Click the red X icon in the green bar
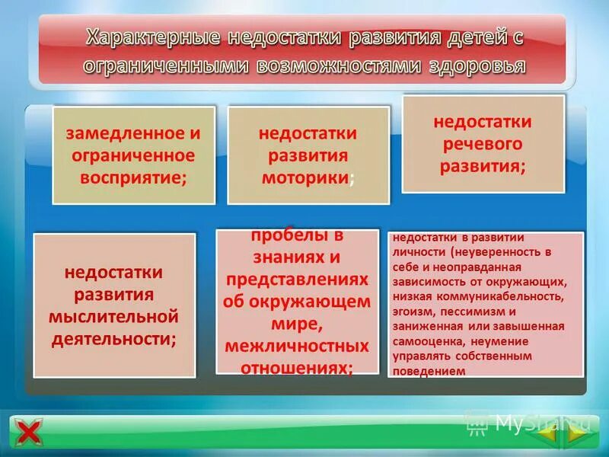coord(30,433)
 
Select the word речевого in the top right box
coord(483,144)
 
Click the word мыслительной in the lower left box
coord(113,315)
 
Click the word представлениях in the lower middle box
coord(297,278)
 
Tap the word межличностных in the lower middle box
coord(297,346)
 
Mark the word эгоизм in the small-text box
coord(414,312)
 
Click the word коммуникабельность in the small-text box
coord(506,297)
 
